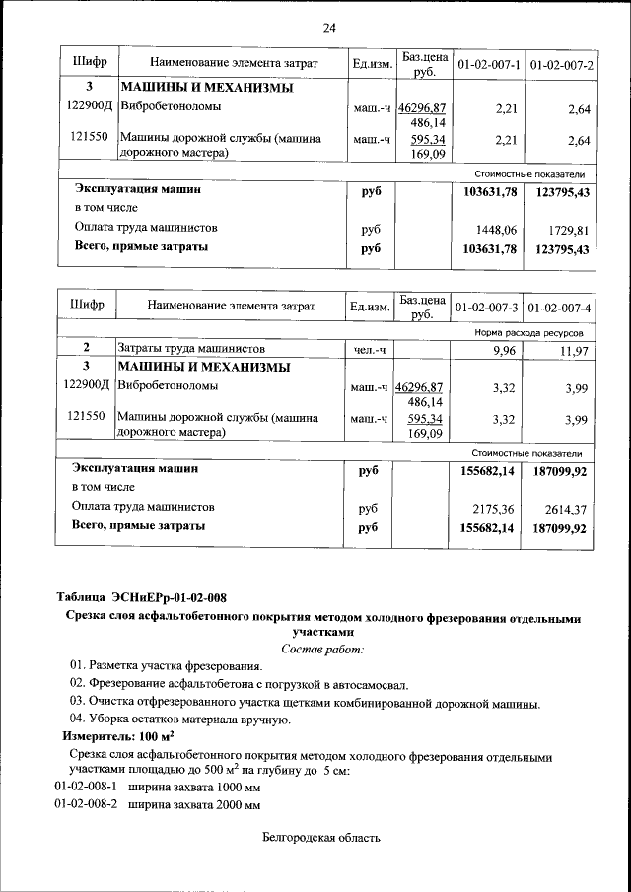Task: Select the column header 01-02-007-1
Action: [488, 65]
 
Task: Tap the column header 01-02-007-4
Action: [559, 308]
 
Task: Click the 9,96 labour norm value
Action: [505, 350]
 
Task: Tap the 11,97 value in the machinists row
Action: [573, 351]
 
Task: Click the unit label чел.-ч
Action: [370, 350]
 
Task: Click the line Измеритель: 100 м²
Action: [118, 736]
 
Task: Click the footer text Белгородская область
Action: [321, 839]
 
